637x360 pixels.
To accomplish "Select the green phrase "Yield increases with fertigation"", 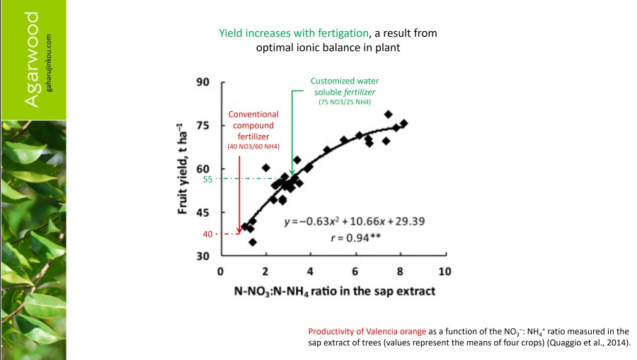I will click(294, 33).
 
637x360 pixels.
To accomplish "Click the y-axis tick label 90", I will click(203, 82).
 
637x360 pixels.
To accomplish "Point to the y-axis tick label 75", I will click(203, 125).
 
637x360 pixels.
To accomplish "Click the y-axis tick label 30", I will click(203, 256).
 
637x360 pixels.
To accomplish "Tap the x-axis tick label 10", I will click(444, 272).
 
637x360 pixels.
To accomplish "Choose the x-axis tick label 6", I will click(355, 272).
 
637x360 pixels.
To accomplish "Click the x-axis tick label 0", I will click(221, 272).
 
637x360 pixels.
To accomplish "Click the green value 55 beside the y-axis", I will click(208, 180).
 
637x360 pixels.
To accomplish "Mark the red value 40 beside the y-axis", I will click(208, 233).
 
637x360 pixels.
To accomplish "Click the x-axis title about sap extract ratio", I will click(335, 291).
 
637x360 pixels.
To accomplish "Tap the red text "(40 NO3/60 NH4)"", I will click(253, 146).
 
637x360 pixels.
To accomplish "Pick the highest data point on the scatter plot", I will click(388, 114).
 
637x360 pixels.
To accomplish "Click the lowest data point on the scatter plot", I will click(253, 242).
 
